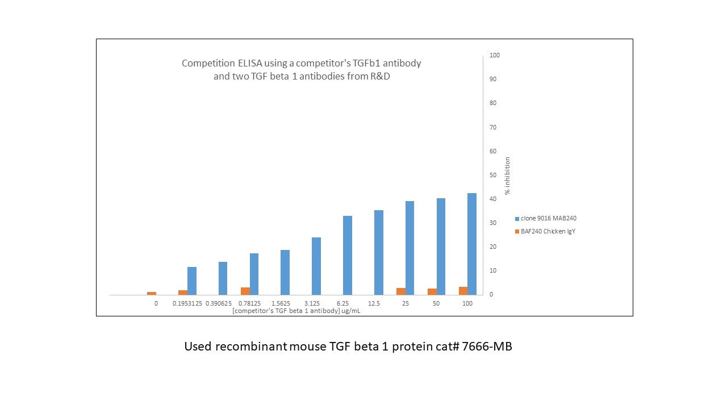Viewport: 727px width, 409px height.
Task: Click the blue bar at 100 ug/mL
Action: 472,244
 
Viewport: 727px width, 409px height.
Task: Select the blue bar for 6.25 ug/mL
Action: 348,255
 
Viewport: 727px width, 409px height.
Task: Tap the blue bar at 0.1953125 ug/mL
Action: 192,281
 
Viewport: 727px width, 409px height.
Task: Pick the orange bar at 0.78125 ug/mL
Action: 245,291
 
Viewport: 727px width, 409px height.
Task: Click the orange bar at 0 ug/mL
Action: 152,293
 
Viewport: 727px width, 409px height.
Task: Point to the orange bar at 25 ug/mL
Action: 401,291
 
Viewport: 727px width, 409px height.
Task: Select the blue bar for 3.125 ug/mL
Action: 316,266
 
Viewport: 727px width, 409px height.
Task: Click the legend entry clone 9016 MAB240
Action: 549,218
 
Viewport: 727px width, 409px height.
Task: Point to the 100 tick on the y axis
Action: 495,55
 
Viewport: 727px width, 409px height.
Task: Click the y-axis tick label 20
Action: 493,247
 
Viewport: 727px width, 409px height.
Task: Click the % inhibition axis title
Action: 507,176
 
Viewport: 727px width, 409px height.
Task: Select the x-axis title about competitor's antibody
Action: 296,311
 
